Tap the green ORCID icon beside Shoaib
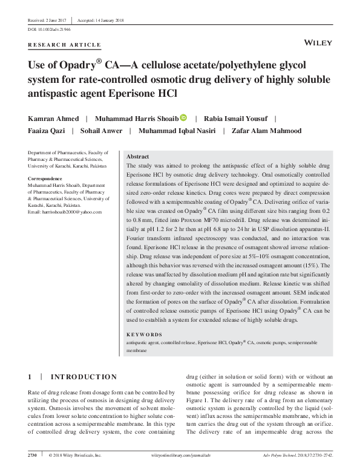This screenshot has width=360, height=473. (184, 119)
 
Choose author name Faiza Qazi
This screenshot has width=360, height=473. (46, 131)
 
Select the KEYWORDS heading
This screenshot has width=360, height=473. (144, 334)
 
